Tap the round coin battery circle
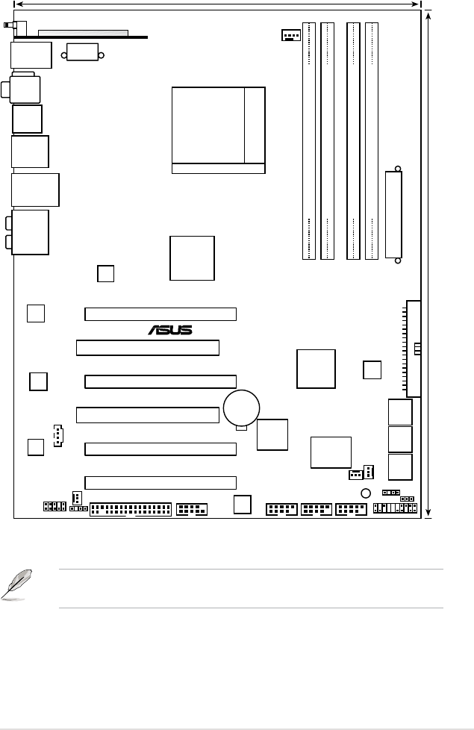click(241, 408)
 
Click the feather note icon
click(16, 584)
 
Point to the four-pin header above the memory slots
click(291, 35)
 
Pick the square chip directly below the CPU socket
click(192, 258)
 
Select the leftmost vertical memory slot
click(308, 141)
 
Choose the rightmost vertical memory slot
click(371, 141)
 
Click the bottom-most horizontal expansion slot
click(160, 482)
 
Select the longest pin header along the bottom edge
click(131, 510)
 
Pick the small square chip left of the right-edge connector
click(372, 369)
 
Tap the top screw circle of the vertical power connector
click(398, 169)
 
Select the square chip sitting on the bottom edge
click(242, 505)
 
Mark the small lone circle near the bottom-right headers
click(365, 493)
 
